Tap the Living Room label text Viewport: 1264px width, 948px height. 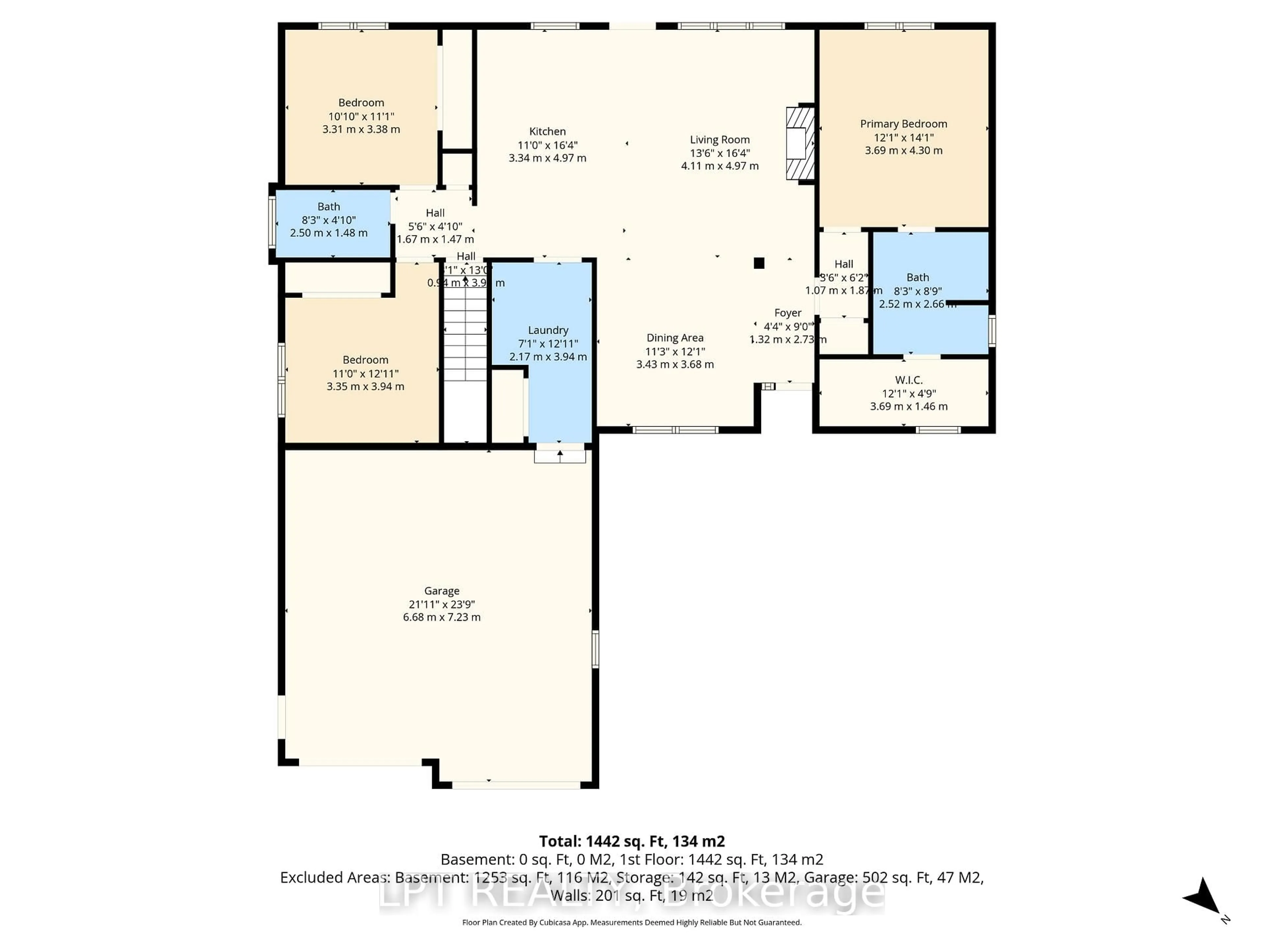click(x=720, y=140)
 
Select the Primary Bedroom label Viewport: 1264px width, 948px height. click(x=904, y=124)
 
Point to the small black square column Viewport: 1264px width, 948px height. click(x=759, y=263)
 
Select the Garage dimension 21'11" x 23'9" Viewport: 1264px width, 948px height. click(x=442, y=604)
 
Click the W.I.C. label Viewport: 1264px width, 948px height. click(x=908, y=380)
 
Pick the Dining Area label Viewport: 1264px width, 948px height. click(x=675, y=338)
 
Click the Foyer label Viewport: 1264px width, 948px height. click(x=787, y=313)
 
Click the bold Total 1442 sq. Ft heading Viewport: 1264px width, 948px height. click(x=632, y=841)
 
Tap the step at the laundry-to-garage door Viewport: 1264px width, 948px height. click(x=560, y=456)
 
